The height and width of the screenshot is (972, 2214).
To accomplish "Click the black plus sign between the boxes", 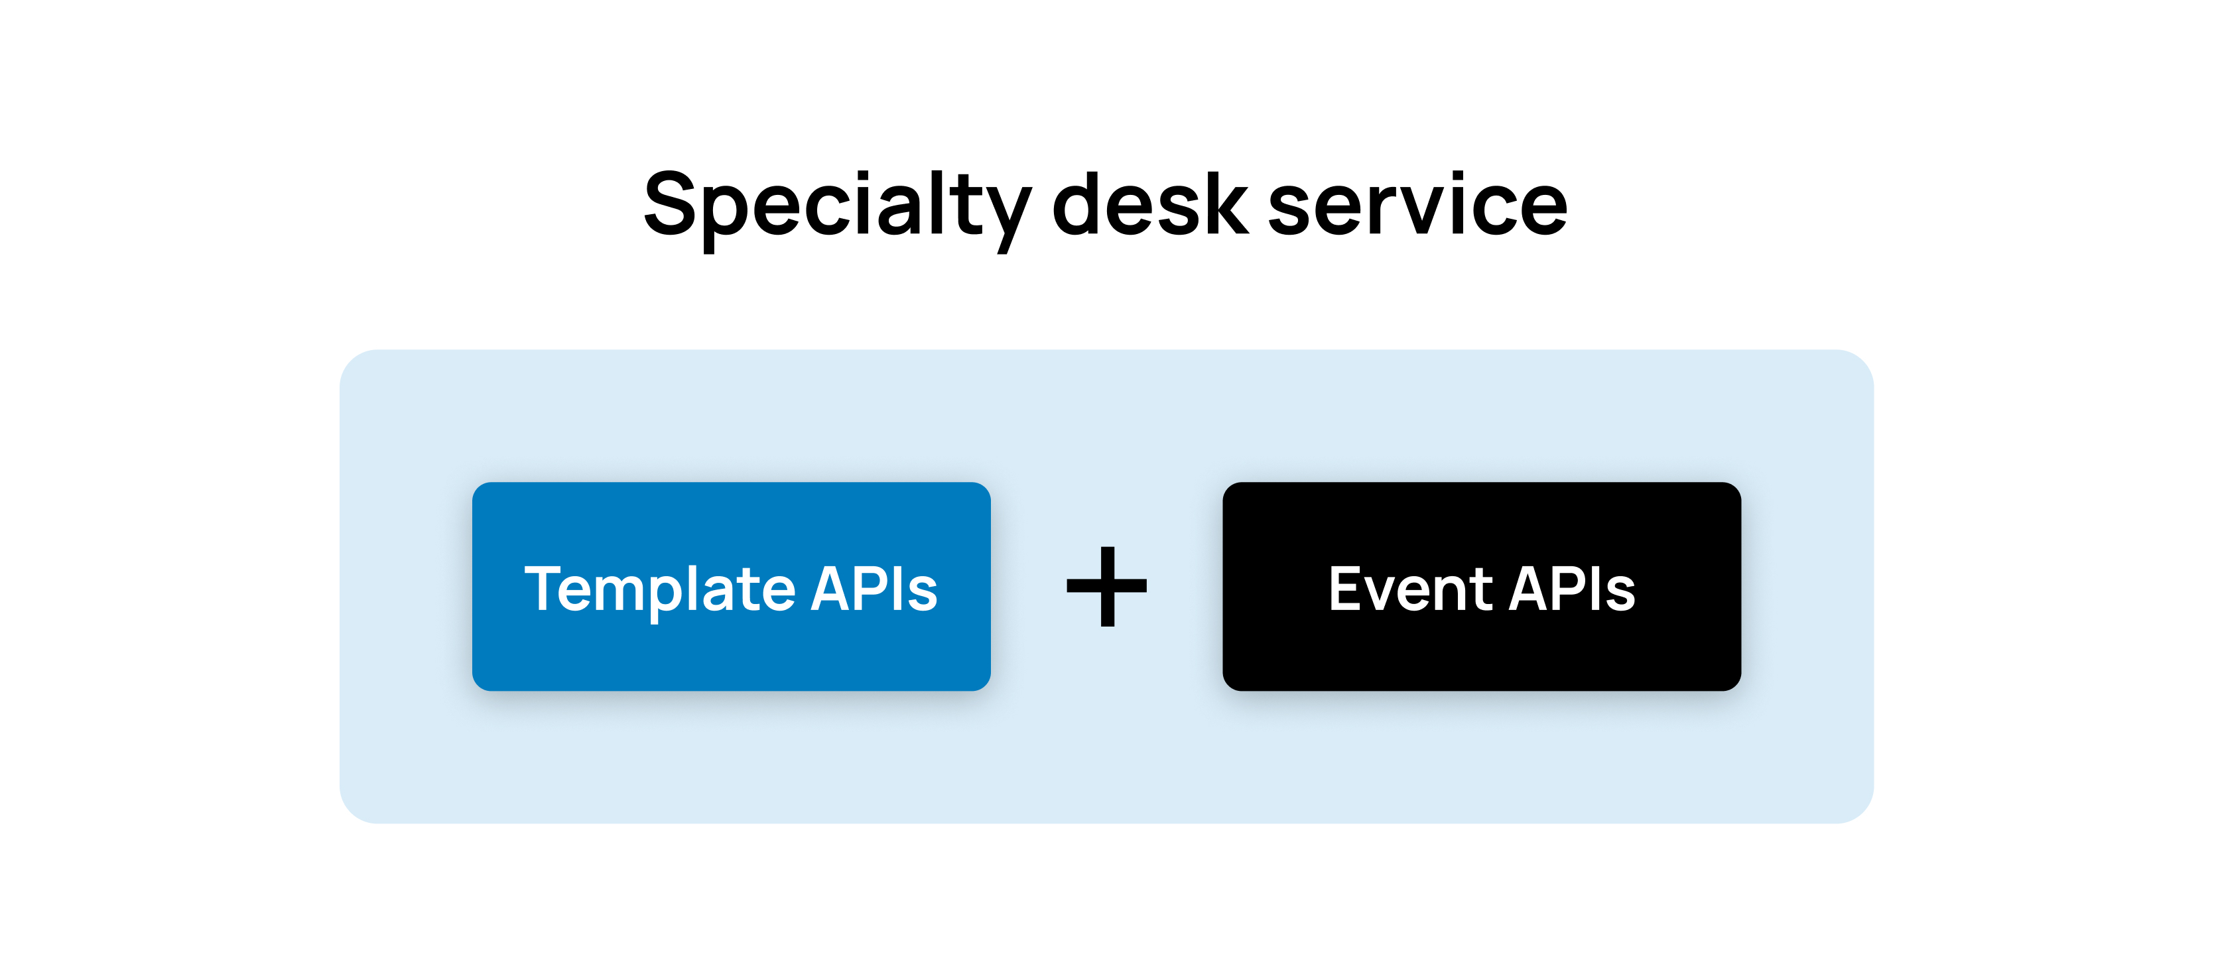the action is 1107,586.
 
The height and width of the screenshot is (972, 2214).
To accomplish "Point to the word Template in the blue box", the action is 660,591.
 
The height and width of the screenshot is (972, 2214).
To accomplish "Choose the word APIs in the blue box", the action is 874,589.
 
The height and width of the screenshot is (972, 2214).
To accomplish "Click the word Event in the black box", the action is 1411,589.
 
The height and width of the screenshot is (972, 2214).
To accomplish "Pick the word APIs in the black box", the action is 1572,589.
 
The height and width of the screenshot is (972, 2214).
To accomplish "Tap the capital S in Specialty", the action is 669,203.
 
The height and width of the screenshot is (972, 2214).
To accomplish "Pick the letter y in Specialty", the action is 1008,220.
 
